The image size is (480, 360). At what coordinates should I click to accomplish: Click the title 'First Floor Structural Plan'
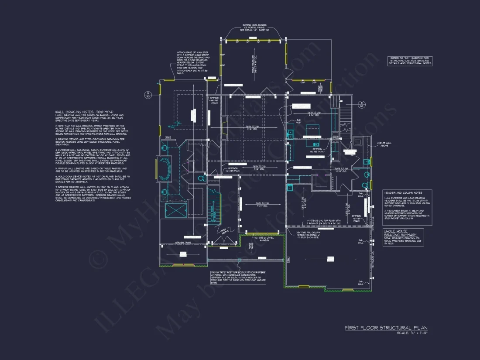(386, 328)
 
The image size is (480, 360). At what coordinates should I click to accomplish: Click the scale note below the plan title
(411, 333)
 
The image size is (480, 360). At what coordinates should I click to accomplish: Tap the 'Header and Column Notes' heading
(403, 192)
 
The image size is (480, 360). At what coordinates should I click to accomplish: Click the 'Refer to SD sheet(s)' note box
(410, 61)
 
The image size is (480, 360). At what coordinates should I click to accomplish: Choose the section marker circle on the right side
(361, 104)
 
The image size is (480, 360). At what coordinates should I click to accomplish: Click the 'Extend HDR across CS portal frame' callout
(255, 27)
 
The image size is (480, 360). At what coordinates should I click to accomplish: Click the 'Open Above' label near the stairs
(223, 231)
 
